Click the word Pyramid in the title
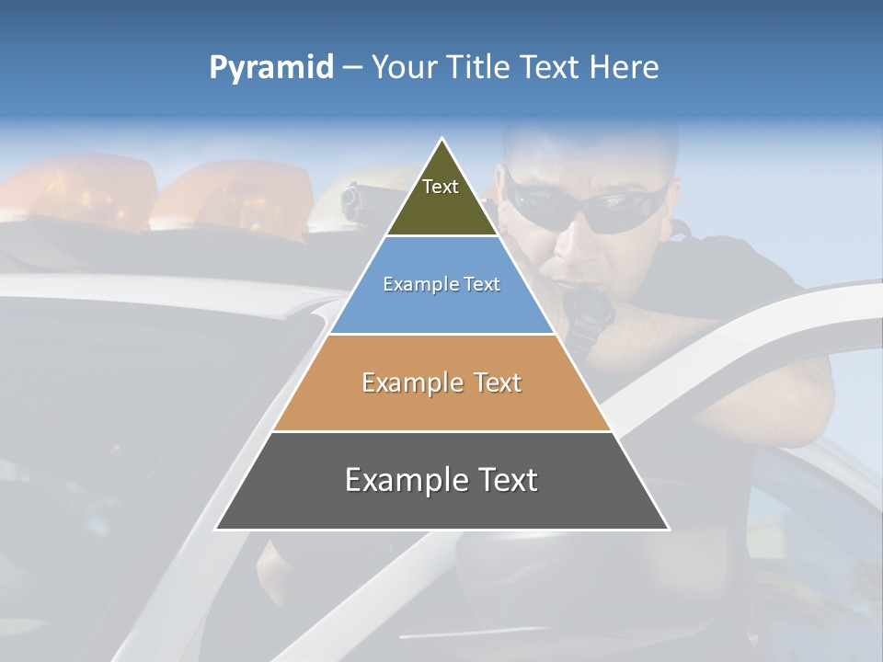coord(271,67)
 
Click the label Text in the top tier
coord(441,187)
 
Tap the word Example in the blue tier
coord(413,284)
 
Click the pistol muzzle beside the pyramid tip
coord(350,202)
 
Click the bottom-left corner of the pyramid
coord(216,529)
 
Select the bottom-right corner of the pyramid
coord(669,529)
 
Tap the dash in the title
coord(352,67)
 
